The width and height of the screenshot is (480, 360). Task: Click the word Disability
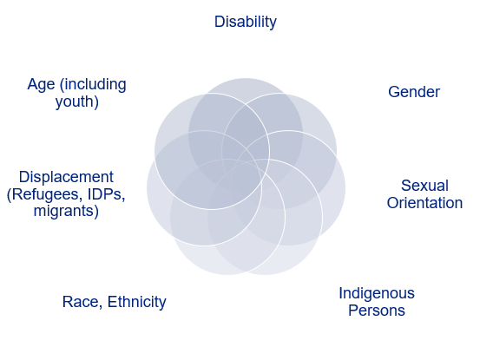[246, 22]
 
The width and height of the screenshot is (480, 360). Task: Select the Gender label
[414, 92]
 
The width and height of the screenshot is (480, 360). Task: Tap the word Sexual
[424, 186]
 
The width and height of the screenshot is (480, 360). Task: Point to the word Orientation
[424, 203]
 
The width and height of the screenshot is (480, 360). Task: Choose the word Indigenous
[377, 293]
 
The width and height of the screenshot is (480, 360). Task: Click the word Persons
[377, 311]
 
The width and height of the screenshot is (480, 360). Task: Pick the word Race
[80, 302]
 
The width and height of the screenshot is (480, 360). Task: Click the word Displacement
[66, 177]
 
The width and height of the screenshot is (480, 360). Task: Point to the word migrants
[66, 211]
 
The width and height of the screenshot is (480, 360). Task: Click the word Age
[42, 84]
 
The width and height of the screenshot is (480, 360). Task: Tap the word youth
[76, 101]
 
